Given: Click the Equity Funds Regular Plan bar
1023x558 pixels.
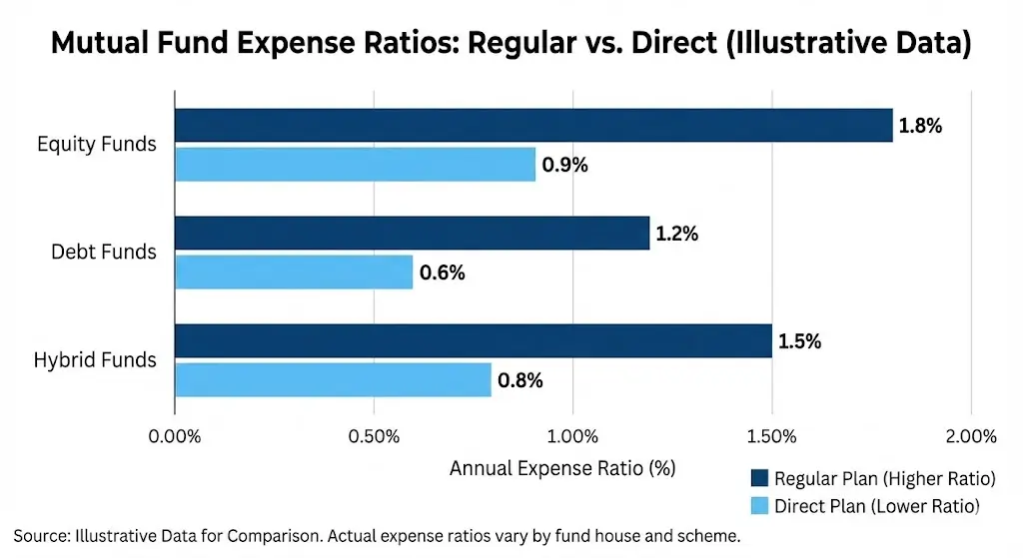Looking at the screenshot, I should tap(533, 126).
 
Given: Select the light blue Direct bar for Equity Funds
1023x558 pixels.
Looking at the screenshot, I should tap(355, 164).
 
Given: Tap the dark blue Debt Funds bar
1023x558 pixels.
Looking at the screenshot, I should tap(412, 234).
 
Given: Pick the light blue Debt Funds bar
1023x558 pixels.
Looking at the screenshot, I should tap(294, 272).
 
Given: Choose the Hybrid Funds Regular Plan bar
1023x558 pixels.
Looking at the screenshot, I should tap(473, 341).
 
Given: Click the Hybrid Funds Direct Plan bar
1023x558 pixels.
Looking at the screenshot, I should tap(333, 379).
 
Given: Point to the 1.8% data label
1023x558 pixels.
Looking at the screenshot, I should tap(920, 127).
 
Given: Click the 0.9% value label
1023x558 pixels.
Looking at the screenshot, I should tap(564, 165).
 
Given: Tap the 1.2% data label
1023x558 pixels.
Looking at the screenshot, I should tap(676, 235).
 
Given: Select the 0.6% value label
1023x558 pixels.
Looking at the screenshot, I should tap(442, 273).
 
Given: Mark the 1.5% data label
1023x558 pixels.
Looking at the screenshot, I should tap(799, 342).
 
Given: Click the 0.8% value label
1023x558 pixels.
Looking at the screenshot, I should tap(520, 380).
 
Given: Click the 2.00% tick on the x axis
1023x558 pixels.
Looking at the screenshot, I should tap(970, 436).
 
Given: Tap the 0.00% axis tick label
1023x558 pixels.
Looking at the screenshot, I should tap(175, 436).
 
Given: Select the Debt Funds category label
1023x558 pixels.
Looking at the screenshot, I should tap(104, 252).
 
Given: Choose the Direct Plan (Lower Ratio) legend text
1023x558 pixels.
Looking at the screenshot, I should tap(877, 505).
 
